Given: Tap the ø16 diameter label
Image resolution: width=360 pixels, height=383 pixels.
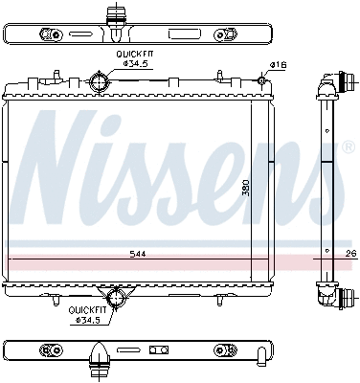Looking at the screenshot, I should [x=279, y=64].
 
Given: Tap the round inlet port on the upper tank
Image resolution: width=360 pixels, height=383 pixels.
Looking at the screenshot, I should [x=100, y=82].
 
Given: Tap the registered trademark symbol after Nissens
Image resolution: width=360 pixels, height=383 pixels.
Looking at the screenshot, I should [x=347, y=148].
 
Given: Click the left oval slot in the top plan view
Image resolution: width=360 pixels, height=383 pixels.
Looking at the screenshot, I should [x=47, y=34].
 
